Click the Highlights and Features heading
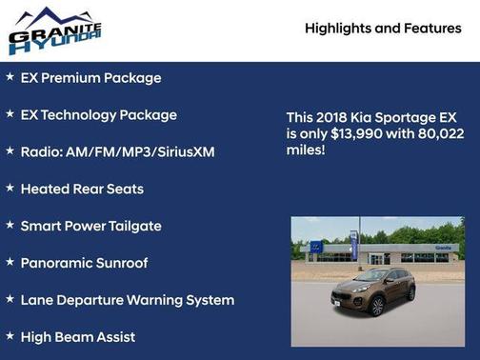tap(383, 29)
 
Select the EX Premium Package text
tap(90, 78)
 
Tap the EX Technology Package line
tap(98, 115)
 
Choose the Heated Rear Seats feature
tap(82, 190)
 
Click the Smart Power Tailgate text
tap(90, 227)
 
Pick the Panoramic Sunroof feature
tap(84, 263)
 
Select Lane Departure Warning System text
tap(127, 300)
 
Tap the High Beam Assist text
tap(77, 337)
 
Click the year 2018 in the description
tap(334, 117)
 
